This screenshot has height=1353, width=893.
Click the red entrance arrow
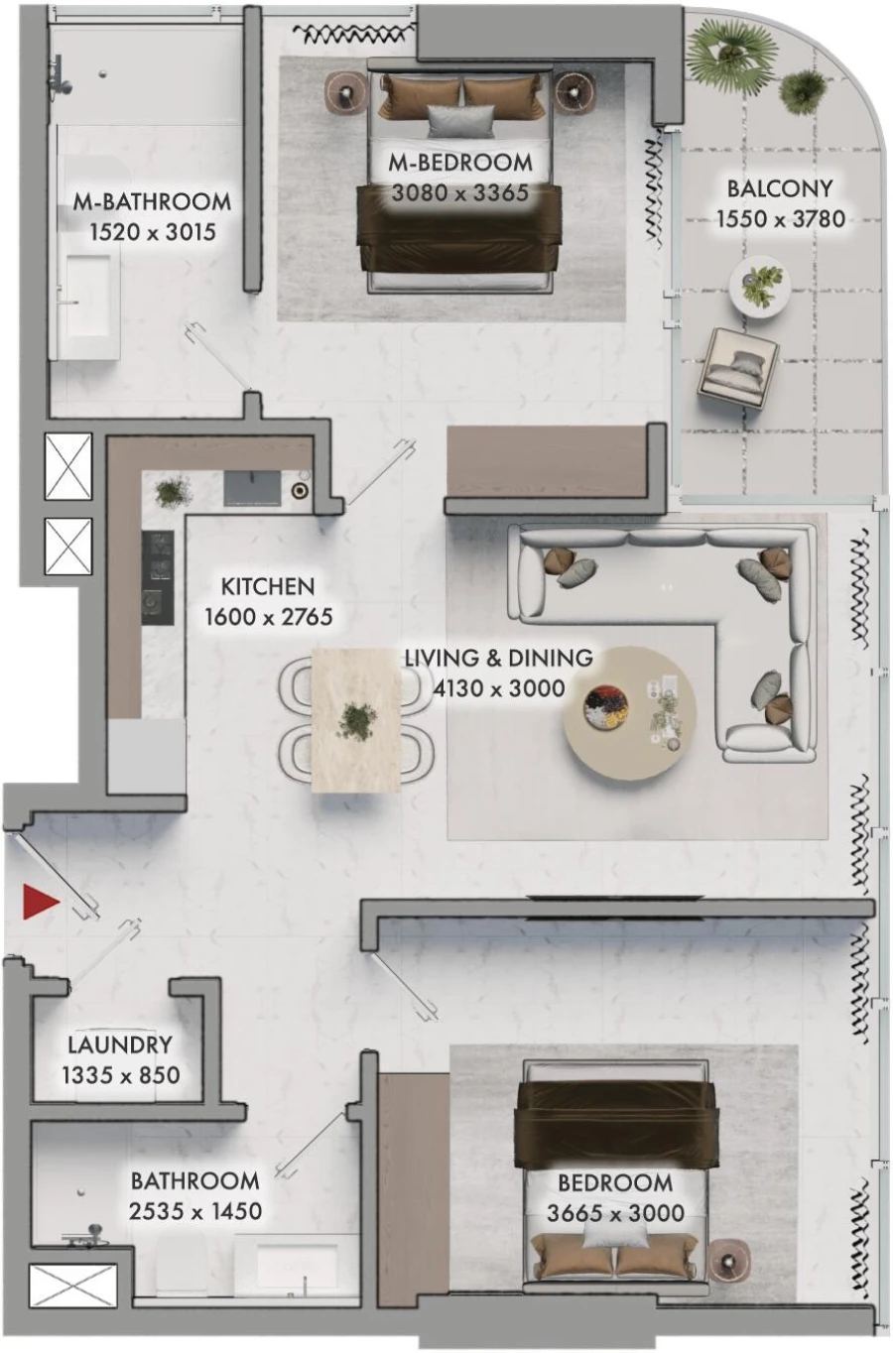[x=42, y=901]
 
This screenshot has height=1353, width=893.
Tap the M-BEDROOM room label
[x=460, y=162]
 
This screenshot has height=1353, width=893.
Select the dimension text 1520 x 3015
[x=152, y=233]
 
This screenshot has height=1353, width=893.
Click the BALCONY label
[x=780, y=187]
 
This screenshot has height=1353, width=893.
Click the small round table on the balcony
[x=761, y=285]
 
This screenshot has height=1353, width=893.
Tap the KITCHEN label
[x=268, y=586]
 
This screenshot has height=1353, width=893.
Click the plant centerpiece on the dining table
[x=355, y=719]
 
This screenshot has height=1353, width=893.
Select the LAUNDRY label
[x=120, y=1045]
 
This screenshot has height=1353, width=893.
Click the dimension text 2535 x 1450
[x=195, y=1211]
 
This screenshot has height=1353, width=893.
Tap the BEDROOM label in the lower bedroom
[x=615, y=1182]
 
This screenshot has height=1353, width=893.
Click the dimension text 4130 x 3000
[x=499, y=688]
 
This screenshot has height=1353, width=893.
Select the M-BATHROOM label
[x=152, y=201]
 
